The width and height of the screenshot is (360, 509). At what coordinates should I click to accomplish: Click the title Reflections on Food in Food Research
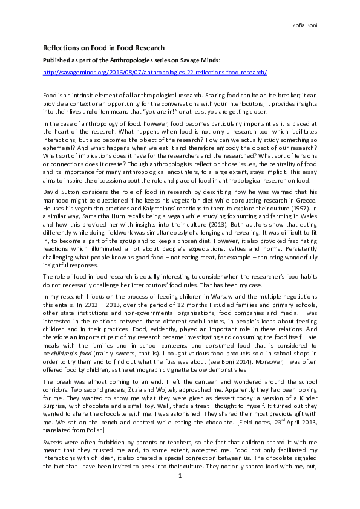click(103, 47)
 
